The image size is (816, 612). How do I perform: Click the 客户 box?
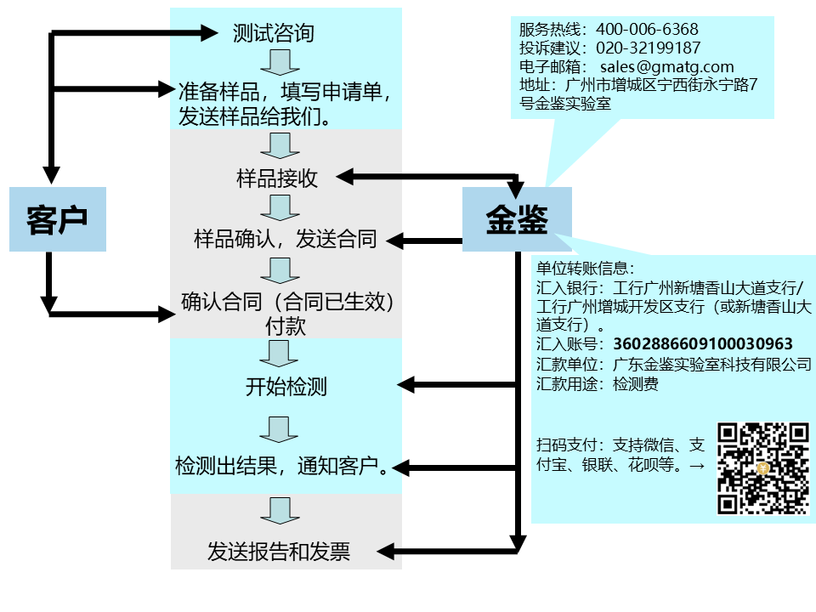click(x=58, y=219)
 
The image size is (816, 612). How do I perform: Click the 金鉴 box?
click(x=517, y=219)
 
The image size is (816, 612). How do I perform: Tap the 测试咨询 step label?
click(x=273, y=33)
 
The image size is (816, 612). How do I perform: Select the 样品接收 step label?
click(x=277, y=178)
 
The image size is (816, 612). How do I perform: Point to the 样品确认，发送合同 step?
click(x=285, y=239)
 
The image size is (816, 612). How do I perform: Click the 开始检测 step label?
click(x=286, y=387)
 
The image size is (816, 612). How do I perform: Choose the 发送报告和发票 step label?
click(x=279, y=552)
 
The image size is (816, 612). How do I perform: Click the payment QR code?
click(x=762, y=468)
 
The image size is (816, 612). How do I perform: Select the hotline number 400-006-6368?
click(x=647, y=30)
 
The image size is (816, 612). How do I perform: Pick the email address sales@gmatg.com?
click(x=666, y=67)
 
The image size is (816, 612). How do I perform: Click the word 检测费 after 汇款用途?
click(x=635, y=384)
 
